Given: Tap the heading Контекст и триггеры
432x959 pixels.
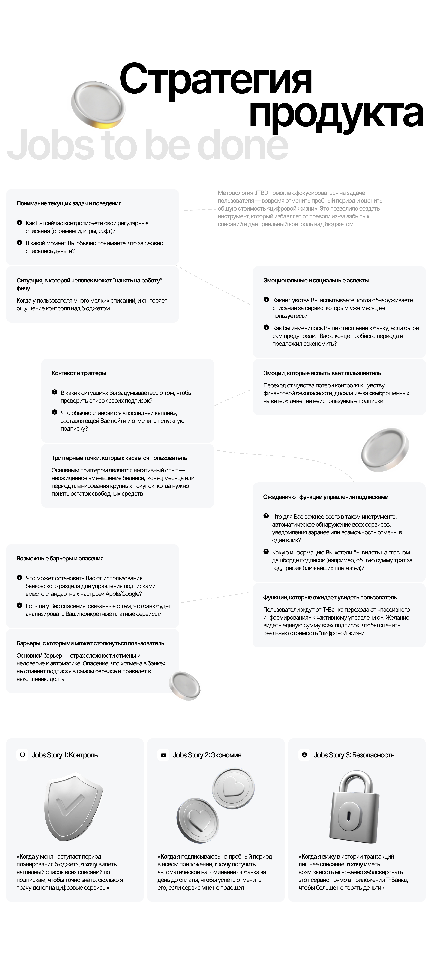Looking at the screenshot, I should [79, 373].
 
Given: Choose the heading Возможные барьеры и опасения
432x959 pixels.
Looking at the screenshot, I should [60, 558].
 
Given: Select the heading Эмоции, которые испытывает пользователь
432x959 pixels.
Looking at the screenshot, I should [322, 373].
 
